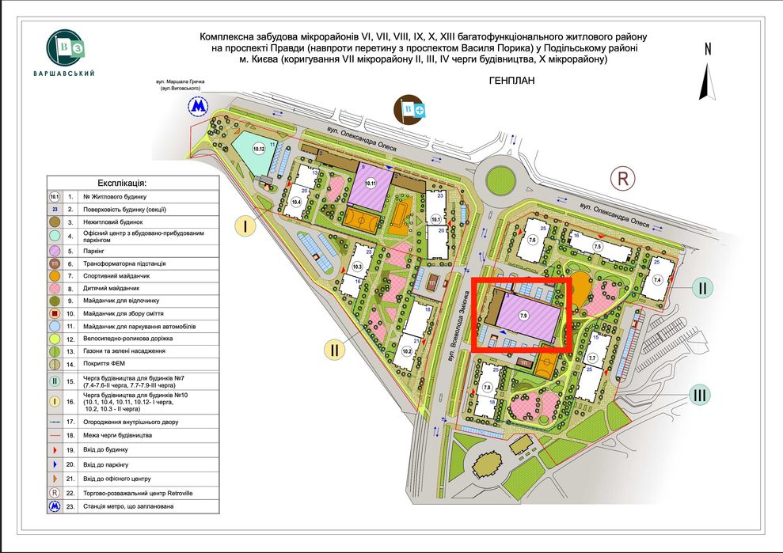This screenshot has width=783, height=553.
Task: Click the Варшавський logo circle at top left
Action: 70,47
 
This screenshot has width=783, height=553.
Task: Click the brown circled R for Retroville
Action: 623,179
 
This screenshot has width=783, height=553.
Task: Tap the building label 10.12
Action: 258,149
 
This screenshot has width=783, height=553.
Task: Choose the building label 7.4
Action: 657,280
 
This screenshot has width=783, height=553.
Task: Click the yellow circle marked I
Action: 246,228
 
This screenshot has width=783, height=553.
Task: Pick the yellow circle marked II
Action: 336,348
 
